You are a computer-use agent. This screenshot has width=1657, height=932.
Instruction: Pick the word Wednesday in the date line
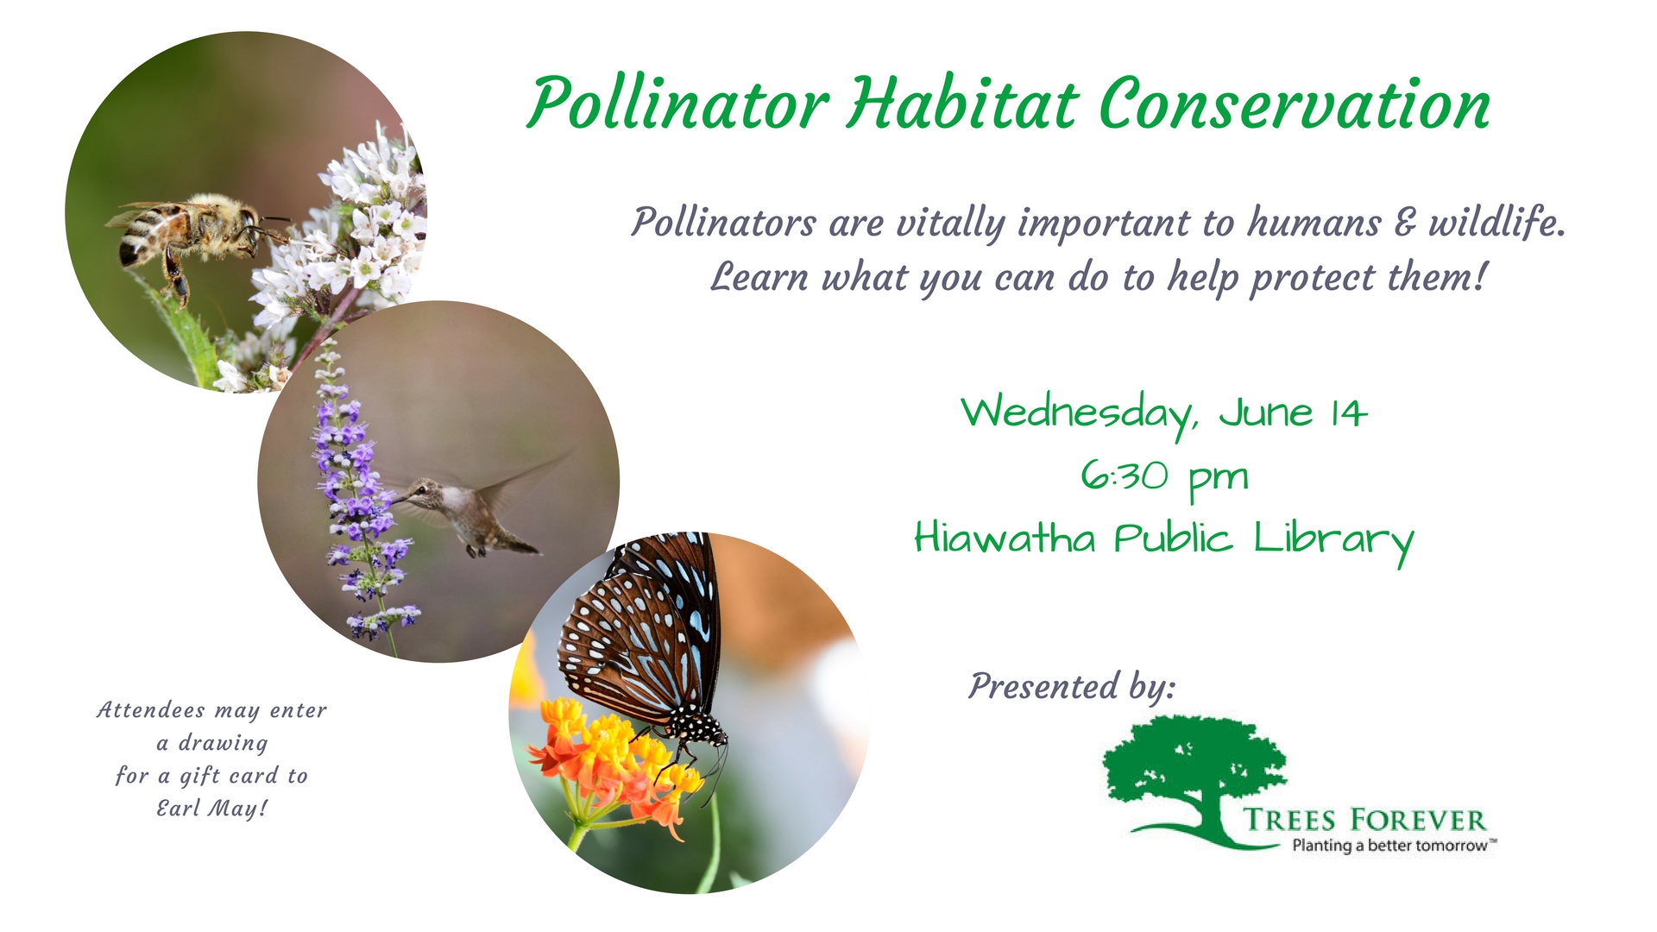(x=1080, y=415)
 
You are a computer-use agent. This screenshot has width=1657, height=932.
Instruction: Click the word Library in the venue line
(x=1333, y=542)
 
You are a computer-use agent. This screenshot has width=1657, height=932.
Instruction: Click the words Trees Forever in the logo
(x=1364, y=820)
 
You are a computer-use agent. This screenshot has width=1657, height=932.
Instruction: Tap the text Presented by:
(x=1072, y=688)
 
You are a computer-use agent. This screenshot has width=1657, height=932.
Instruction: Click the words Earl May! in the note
(x=211, y=809)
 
